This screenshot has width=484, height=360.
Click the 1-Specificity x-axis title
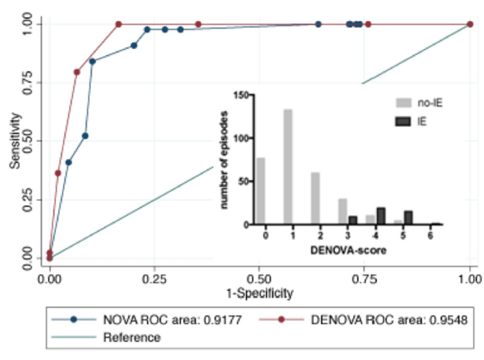[259, 293]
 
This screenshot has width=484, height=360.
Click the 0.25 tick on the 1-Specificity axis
[154, 277]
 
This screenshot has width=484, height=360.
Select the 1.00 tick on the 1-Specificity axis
[469, 277]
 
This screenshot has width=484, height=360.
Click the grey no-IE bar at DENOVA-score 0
[261, 191]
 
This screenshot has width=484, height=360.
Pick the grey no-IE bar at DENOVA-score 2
[315, 199]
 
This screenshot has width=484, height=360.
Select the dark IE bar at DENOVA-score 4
[380, 216]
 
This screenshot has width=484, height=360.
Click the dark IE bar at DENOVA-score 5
[408, 218]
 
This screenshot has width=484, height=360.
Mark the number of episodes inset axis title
[226, 160]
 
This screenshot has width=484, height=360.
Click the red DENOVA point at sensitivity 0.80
[77, 72]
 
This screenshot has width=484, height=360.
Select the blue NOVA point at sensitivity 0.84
[92, 61]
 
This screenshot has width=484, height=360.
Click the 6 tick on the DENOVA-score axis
[432, 234]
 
